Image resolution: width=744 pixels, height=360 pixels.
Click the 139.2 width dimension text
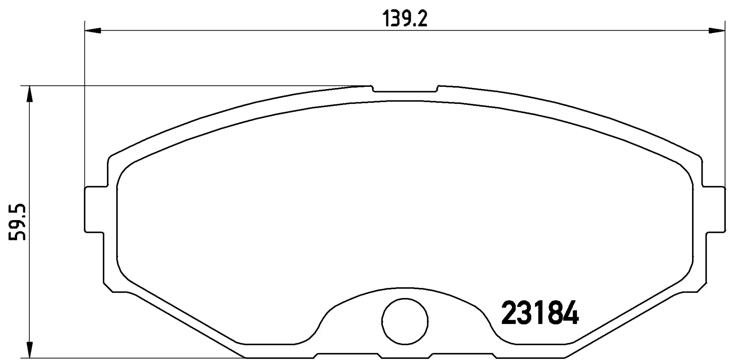tap(405, 18)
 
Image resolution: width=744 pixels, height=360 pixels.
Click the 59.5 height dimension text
tap(17, 222)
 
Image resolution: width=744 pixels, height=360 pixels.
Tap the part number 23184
tap(540, 313)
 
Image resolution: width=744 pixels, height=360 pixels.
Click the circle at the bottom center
tap(405, 320)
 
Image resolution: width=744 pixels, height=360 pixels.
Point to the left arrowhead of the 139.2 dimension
tap(93, 31)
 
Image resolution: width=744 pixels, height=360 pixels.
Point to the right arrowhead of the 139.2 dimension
tap(716, 31)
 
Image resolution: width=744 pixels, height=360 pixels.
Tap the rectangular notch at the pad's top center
tap(405, 89)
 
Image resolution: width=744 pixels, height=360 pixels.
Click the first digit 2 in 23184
tap(510, 313)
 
